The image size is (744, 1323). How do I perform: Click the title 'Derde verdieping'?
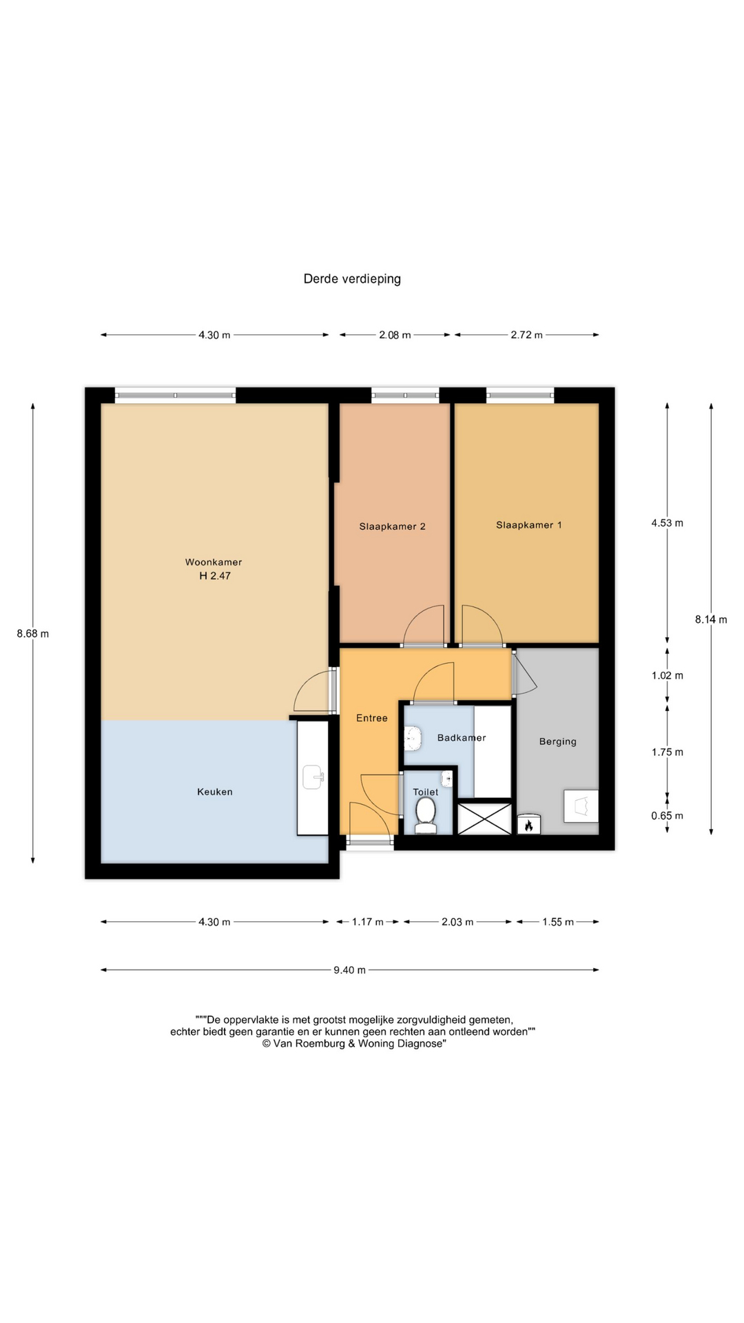pos(352,279)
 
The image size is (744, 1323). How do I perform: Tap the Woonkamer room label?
pos(214,562)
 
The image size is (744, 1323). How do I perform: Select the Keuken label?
pos(215,792)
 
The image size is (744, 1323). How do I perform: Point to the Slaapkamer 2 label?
pos(392,526)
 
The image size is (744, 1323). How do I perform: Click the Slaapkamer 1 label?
pos(529,525)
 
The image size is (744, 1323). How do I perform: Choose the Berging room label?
pos(558,741)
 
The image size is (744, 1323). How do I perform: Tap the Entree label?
pos(372,718)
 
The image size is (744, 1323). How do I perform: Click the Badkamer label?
pos(462,737)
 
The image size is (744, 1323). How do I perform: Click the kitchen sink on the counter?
pos(313,777)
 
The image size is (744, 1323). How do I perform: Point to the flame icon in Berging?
pos(529,825)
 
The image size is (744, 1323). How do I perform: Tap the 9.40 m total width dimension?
pos(350,970)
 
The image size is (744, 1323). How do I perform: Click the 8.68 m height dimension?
pos(33,634)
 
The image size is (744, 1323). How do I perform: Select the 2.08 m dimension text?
pos(395,335)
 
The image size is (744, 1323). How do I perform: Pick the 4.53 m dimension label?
pos(668,523)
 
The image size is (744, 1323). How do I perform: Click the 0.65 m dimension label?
pos(668,816)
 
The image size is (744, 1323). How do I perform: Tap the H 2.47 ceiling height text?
pos(215,576)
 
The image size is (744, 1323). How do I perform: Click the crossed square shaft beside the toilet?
pos(485,819)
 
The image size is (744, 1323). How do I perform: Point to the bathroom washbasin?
pos(412,738)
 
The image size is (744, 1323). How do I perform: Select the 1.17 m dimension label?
pos(368,922)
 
